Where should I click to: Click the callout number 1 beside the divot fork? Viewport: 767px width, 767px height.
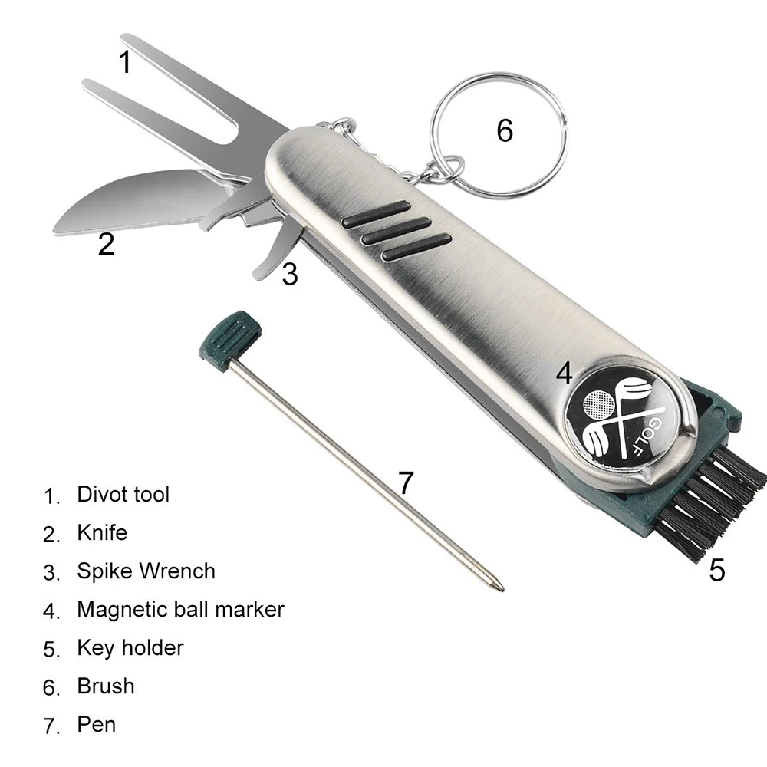click(x=125, y=61)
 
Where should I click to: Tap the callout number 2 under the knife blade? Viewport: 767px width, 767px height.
click(x=106, y=244)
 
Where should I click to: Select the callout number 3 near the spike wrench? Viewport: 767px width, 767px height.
click(x=289, y=274)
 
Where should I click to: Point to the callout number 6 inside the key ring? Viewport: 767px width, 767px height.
click(x=504, y=130)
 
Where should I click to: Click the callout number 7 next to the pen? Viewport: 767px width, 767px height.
click(x=406, y=483)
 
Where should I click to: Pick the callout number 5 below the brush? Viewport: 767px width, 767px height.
click(x=716, y=570)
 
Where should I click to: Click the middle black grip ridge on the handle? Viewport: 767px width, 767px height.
click(x=395, y=231)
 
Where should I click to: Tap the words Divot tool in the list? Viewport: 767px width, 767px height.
click(x=123, y=494)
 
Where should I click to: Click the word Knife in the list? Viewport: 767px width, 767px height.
click(x=102, y=532)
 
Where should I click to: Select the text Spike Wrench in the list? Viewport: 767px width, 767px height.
click(x=146, y=571)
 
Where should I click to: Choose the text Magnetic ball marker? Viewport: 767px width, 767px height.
click(x=180, y=609)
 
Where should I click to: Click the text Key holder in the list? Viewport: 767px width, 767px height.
click(x=130, y=647)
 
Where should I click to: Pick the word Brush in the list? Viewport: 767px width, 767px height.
click(x=105, y=686)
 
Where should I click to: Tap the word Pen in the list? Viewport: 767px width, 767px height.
click(x=96, y=724)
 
